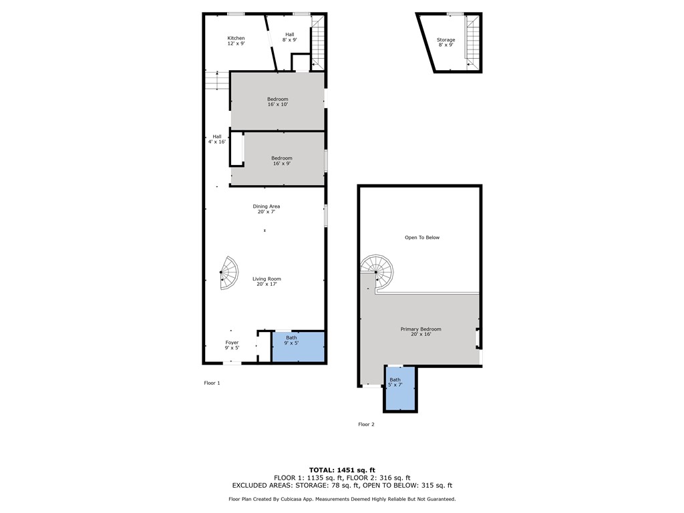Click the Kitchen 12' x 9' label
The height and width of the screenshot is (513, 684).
pos(236,41)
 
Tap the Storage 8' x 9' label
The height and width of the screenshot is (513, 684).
pos(446,43)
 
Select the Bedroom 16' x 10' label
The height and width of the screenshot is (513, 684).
pos(277,102)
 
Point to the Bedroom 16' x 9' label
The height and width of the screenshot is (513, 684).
pos(281,160)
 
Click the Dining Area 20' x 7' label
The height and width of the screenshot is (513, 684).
pos(266,208)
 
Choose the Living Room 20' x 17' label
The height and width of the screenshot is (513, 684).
pos(267,281)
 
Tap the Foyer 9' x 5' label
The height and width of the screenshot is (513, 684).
pos(232,345)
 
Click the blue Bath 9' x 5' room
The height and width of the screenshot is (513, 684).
pos(298,347)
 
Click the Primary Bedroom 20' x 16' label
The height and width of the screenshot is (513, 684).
pos(421,331)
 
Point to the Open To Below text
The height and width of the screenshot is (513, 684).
pos(422,238)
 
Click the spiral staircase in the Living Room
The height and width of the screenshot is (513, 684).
pos(228,273)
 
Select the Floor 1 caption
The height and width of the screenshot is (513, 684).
pos(212,383)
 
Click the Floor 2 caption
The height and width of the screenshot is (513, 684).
pos(366,424)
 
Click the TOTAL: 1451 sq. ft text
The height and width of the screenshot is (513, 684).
pos(342,470)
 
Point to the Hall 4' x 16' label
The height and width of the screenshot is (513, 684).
pos(216,139)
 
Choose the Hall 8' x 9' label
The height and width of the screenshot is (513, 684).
pos(289,37)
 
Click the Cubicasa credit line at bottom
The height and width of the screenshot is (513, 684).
pos(342,499)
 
